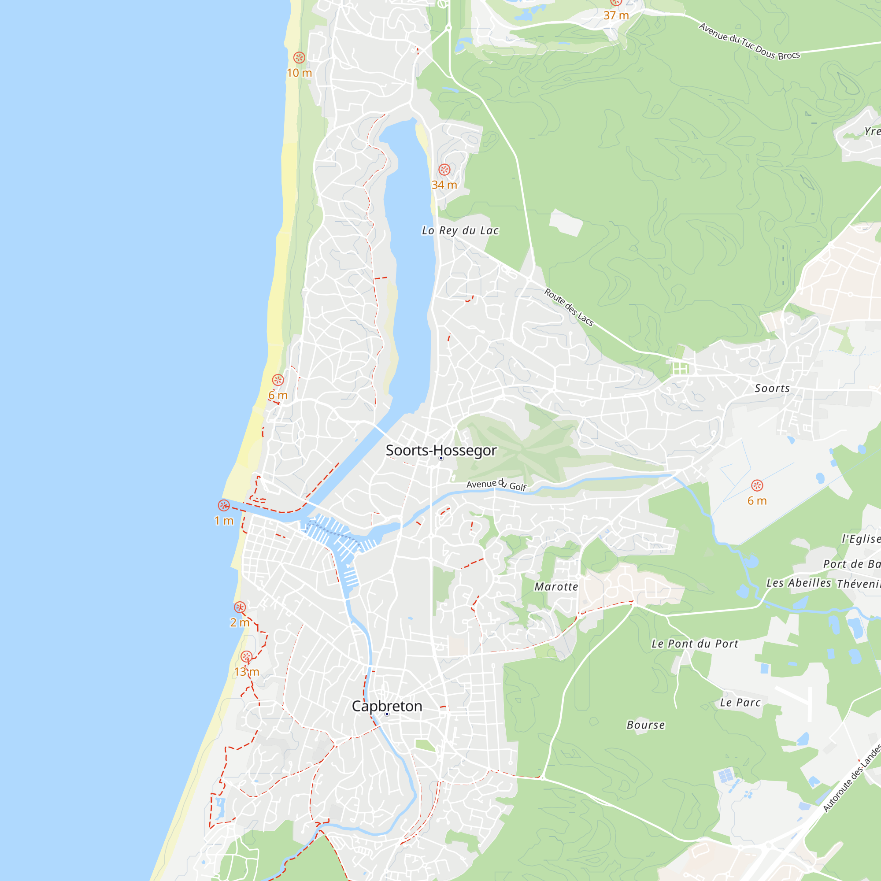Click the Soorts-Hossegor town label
pos(441,450)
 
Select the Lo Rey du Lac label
pos(460,231)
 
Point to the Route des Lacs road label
pos(569,307)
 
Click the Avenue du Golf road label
pos(496,485)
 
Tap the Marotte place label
pos(556,587)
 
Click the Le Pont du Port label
pos(695,644)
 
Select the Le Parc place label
pos(740,703)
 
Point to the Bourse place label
pos(646,725)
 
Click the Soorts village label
pos(772,389)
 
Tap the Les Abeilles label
pos(799,583)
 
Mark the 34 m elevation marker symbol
pos(444,170)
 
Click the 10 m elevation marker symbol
pos(299,57)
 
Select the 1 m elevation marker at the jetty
pos(223,505)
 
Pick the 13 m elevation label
pos(247,672)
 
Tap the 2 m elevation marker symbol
pos(240,607)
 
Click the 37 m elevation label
pos(616,15)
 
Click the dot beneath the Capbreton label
pos(387,714)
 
